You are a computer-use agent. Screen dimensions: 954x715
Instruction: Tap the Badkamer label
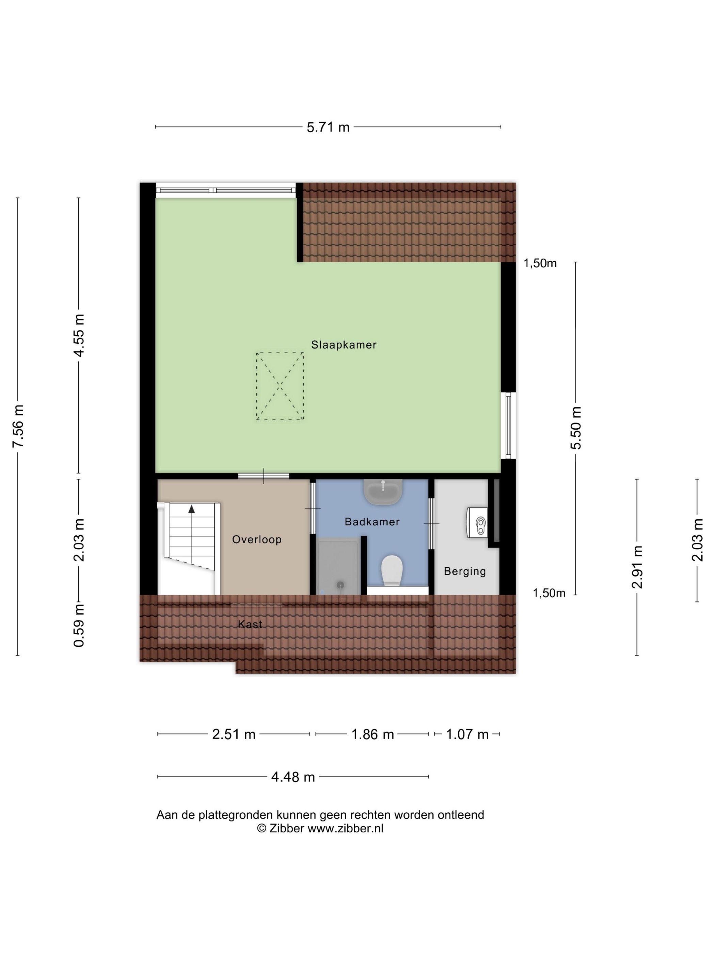click(372, 522)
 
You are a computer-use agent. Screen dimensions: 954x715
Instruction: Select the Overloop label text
click(256, 540)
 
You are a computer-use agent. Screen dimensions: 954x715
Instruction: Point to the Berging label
click(465, 571)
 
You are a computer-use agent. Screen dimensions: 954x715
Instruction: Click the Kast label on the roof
click(250, 624)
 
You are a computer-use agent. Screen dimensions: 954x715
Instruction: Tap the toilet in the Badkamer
click(392, 570)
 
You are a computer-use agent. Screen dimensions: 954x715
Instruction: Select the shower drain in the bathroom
click(340, 585)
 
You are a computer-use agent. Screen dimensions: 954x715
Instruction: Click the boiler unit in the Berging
click(478, 523)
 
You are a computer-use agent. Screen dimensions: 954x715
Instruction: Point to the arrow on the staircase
click(191, 509)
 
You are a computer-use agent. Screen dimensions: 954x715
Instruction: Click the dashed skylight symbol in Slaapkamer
click(280, 386)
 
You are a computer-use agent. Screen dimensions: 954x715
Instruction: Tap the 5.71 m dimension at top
click(328, 127)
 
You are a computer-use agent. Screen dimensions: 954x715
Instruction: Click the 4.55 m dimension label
click(79, 336)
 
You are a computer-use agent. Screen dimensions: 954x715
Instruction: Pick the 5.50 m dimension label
click(576, 428)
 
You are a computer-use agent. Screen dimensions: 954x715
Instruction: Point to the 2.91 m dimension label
click(637, 567)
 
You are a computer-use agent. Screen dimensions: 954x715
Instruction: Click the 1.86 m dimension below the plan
click(372, 734)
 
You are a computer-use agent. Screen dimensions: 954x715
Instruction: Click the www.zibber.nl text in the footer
click(345, 828)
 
